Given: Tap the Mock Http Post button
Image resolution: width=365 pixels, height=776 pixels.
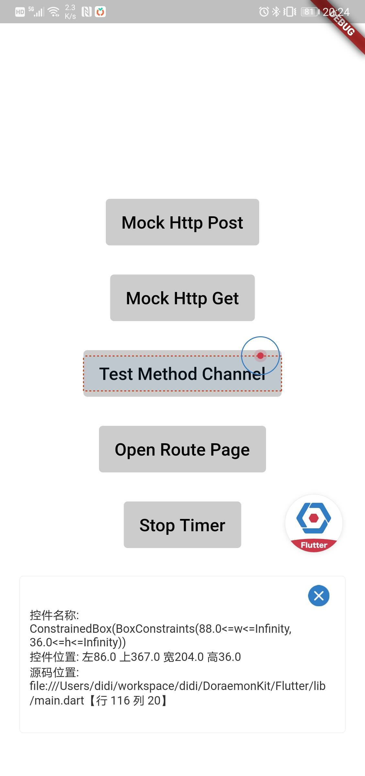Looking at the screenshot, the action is pyautogui.click(x=182, y=222).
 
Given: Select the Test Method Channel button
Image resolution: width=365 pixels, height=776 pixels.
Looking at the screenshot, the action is pyautogui.click(x=182, y=373).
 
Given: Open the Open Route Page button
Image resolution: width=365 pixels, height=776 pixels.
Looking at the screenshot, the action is pyautogui.click(x=182, y=449).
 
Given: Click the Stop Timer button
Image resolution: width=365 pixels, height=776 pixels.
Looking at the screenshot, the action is pyautogui.click(x=182, y=525).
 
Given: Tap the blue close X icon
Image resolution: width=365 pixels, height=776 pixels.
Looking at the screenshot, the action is pyautogui.click(x=319, y=596).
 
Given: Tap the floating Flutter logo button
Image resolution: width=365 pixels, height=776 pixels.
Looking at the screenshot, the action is pyautogui.click(x=314, y=523).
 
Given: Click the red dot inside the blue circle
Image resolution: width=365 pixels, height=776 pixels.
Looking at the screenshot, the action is pyautogui.click(x=260, y=356).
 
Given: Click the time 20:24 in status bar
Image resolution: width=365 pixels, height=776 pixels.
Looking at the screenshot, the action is pyautogui.click(x=336, y=12).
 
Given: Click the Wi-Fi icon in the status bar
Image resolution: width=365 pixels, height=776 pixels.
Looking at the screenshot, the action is pyautogui.click(x=53, y=12).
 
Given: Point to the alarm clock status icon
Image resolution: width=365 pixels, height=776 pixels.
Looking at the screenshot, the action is pyautogui.click(x=264, y=12).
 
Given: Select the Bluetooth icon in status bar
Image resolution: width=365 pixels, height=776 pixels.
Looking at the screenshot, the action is pyautogui.click(x=276, y=12).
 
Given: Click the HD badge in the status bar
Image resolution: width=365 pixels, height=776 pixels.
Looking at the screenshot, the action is pyautogui.click(x=20, y=12).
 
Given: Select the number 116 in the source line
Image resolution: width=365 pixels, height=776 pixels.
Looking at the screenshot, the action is pyautogui.click(x=120, y=700).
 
